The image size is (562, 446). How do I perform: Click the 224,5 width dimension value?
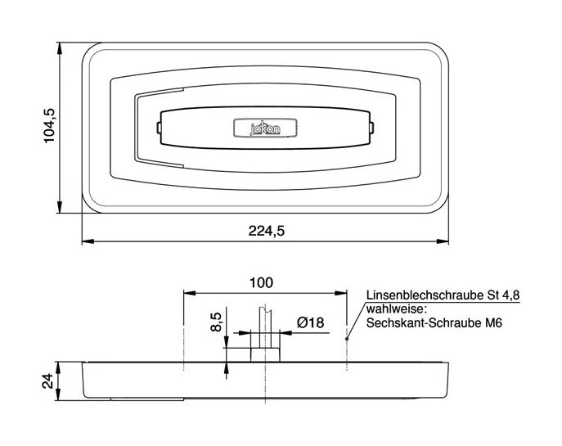tap(267, 232)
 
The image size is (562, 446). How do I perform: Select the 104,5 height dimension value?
tap(49, 125)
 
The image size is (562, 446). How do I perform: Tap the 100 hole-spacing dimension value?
tap(261, 283)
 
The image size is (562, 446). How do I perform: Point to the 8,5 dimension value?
tap(217, 322)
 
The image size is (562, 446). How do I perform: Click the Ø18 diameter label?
tap(310, 322)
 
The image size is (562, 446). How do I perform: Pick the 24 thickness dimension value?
tap(47, 381)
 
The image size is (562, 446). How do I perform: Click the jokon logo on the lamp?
tap(265, 128)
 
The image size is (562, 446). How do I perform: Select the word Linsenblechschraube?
tap(425, 295)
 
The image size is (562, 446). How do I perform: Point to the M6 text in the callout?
tap(494, 323)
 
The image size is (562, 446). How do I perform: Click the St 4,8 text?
tap(503, 295)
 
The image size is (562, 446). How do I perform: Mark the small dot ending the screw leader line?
tap(347, 339)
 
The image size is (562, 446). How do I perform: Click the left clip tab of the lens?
tap(159, 128)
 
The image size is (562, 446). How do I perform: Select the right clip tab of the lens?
tap(371, 128)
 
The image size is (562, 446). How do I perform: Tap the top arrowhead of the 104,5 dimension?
tap(60, 48)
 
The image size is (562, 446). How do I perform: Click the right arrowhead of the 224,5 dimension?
tap(443, 241)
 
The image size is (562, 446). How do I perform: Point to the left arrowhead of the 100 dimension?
tap(189, 293)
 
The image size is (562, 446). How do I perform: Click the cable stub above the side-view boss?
tap(265, 327)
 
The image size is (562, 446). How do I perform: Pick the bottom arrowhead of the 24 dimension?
tap(60, 394)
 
